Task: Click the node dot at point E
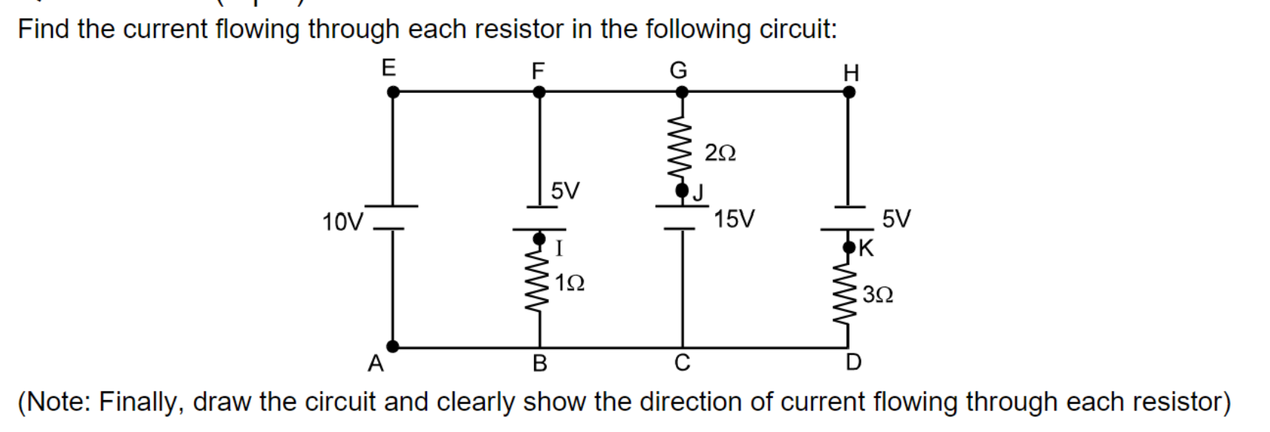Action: [394, 92]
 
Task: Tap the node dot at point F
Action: [540, 92]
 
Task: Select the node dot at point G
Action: [681, 92]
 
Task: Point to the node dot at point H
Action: [849, 92]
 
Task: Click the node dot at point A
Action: [393, 345]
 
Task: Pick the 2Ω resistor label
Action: [720, 153]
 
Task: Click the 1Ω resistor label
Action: [570, 283]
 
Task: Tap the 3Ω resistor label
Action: [878, 295]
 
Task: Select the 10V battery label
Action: [342, 222]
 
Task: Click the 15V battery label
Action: [734, 219]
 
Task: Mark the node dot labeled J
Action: [682, 191]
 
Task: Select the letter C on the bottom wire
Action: [682, 362]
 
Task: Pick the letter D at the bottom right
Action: [853, 362]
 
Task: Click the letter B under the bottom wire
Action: [540, 363]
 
